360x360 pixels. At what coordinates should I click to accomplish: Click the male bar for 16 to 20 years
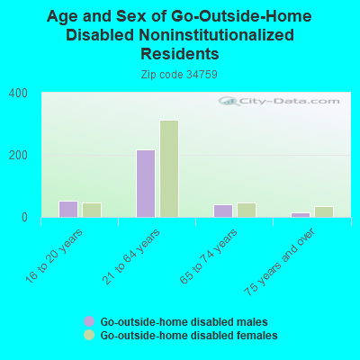[x=68, y=209]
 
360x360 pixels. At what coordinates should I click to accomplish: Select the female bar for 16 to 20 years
[x=92, y=210]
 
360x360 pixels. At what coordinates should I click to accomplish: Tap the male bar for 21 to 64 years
[x=146, y=184]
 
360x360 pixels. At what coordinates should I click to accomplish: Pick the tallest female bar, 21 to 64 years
[x=169, y=168]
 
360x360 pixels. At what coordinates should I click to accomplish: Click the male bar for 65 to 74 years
[x=223, y=211]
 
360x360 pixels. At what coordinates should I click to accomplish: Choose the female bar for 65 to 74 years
[x=247, y=210]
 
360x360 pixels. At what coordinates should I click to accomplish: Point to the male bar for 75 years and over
[x=301, y=214]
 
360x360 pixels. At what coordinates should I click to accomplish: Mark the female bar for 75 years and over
[x=324, y=211]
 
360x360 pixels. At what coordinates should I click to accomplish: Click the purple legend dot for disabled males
[x=89, y=321]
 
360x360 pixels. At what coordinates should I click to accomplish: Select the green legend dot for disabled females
[x=89, y=335]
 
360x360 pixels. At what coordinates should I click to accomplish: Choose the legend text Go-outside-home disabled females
[x=188, y=336]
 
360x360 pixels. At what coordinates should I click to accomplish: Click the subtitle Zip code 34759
[x=180, y=75]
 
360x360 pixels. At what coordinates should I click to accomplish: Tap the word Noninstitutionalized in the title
[x=216, y=35]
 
